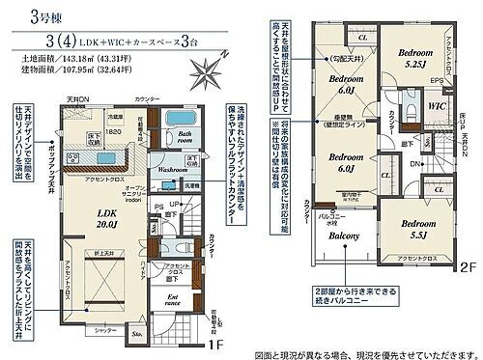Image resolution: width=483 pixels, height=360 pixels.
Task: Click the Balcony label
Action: click(x=342, y=235)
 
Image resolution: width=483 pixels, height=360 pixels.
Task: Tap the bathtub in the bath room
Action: click(x=182, y=122)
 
